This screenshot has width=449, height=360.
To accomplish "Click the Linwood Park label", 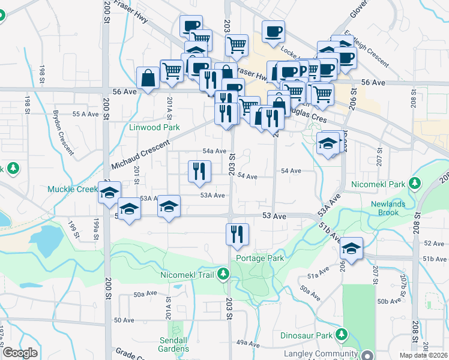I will pyautogui.click(x=154, y=127).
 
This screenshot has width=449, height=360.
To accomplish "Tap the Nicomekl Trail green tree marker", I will pyautogui.click(x=223, y=275).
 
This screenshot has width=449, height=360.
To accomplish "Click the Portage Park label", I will pyautogui.click(x=260, y=258).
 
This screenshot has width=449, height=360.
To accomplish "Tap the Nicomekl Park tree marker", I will pyautogui.click(x=414, y=182).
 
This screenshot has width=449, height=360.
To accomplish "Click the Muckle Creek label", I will pyautogui.click(x=73, y=190).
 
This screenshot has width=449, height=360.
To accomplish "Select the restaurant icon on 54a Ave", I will pyautogui.click(x=199, y=171).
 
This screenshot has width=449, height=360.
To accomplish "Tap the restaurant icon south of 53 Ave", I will pyautogui.click(x=237, y=233).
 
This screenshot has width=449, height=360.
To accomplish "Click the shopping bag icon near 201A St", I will pyautogui.click(x=148, y=77).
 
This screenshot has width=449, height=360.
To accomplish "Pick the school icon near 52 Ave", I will pyautogui.click(x=352, y=249).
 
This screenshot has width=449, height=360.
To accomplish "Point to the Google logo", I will pyautogui.click(x=20, y=353).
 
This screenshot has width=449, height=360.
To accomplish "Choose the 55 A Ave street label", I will pyautogui.click(x=85, y=113).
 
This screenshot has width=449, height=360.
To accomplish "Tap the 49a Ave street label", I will pyautogui.click(x=247, y=343).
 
